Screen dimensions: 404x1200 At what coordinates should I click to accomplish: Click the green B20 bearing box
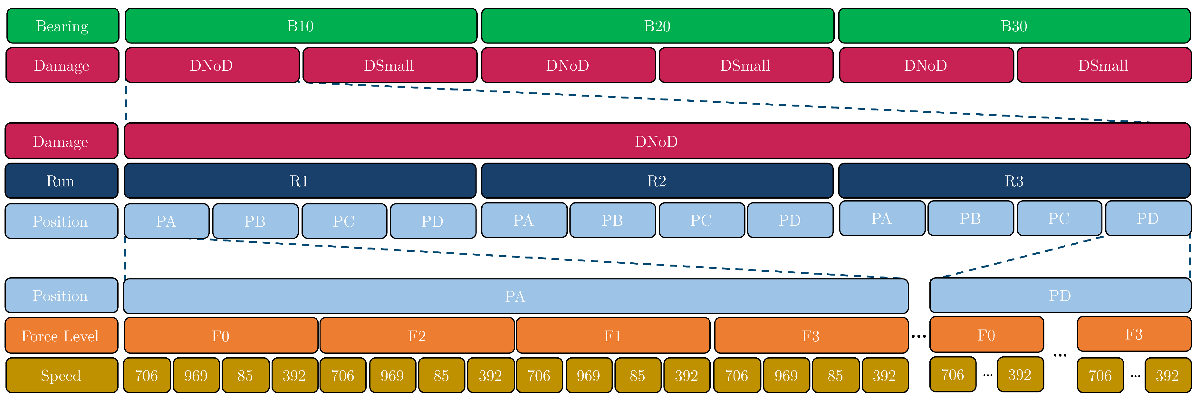coord(657,26)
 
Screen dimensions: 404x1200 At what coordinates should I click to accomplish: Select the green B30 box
coord(1014,26)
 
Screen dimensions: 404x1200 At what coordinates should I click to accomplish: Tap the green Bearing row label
coord(62,26)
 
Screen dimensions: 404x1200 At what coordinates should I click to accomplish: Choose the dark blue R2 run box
coord(657,181)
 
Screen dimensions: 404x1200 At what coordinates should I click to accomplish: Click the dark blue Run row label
coord(61,181)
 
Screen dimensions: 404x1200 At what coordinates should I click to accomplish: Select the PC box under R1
coord(344,221)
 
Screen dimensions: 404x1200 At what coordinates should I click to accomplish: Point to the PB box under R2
coord(612,221)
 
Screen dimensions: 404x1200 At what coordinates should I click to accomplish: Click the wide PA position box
coord(515,296)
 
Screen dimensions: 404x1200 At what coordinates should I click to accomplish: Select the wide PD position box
coord(1060,296)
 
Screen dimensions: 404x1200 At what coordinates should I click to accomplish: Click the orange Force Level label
coord(61,336)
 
